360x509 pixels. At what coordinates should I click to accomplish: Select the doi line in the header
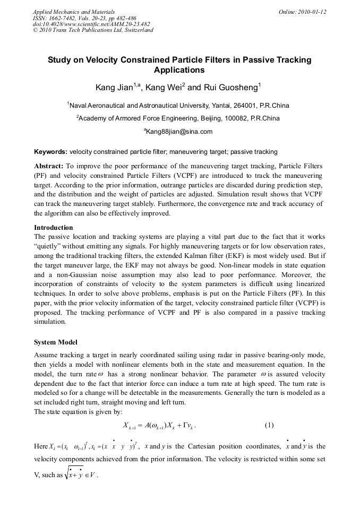tap(91, 24)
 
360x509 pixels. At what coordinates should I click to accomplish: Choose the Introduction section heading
tap(55, 227)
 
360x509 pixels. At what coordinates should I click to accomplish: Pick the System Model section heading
tap(56, 342)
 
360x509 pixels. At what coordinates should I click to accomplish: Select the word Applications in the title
tap(179, 70)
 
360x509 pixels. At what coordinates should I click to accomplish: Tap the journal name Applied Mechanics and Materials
tap(74, 12)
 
